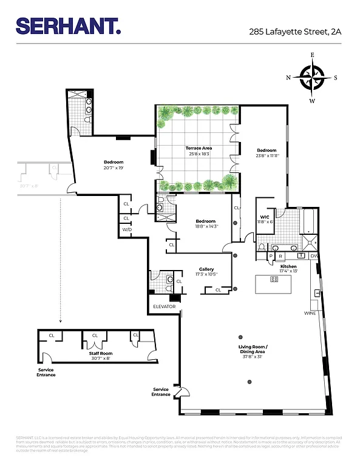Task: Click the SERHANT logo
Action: pyautogui.click(x=68, y=25)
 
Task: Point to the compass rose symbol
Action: pyautogui.click(x=312, y=78)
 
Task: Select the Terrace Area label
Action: pyautogui.click(x=198, y=148)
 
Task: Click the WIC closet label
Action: pyautogui.click(x=265, y=217)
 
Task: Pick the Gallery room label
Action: pyautogui.click(x=206, y=269)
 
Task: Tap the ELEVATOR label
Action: pyautogui.click(x=164, y=306)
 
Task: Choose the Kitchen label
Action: pyautogui.click(x=288, y=266)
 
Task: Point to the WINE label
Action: pyautogui.click(x=310, y=313)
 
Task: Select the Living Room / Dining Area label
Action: pyautogui.click(x=253, y=349)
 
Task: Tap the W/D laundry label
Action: pyautogui.click(x=127, y=230)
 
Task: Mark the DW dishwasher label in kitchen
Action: pyautogui.click(x=314, y=257)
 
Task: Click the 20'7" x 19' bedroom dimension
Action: pyautogui.click(x=113, y=168)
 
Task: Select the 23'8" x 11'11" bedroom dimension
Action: pyautogui.click(x=267, y=156)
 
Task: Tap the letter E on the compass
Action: pyautogui.click(x=312, y=55)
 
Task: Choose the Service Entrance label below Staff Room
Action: pyautogui.click(x=46, y=372)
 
